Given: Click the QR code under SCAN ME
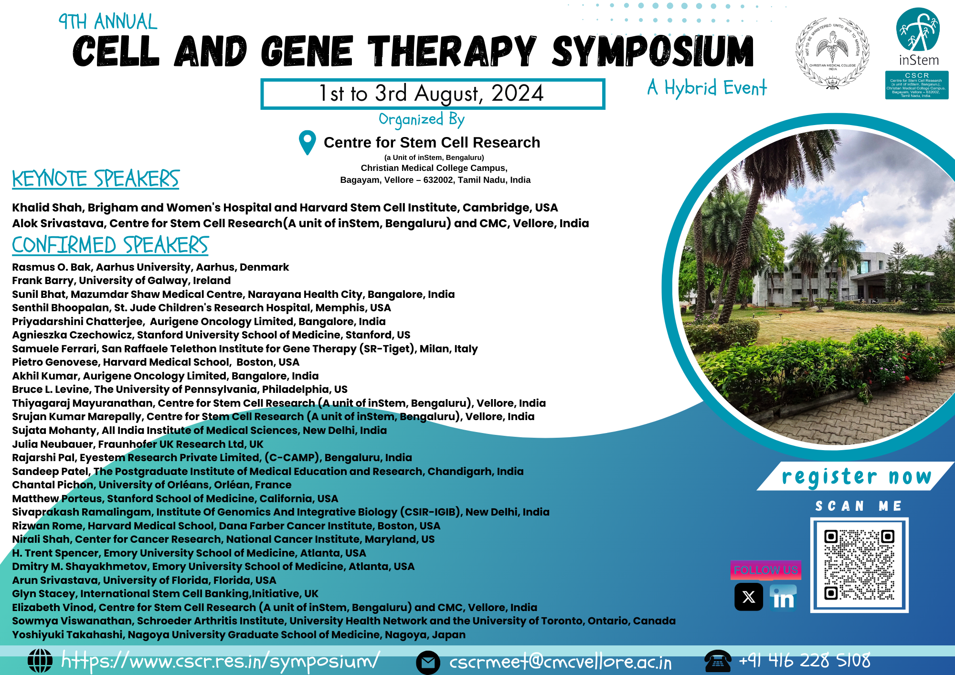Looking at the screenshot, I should tap(859, 565).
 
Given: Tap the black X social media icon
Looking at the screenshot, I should tap(748, 597).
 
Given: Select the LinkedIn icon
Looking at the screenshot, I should tap(783, 597).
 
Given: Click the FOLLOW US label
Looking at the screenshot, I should tap(765, 570).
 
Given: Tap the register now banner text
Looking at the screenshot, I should tap(856, 476).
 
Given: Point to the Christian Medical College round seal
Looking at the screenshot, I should tap(832, 53).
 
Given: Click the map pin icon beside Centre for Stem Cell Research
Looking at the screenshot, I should tap(307, 142).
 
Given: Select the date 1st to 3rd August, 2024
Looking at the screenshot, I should tap(432, 94).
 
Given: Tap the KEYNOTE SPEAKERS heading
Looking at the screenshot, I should tap(95, 179).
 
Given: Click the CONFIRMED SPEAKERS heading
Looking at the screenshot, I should tap(110, 245).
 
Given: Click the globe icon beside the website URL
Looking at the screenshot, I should tap(40, 661).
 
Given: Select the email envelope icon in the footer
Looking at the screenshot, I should tap(428, 662).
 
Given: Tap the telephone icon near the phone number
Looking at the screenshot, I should tap(718, 661).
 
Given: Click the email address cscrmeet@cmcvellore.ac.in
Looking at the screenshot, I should tap(560, 662).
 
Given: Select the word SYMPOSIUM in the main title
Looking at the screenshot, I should tap(652, 52).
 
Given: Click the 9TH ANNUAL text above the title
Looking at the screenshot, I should tap(107, 22).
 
